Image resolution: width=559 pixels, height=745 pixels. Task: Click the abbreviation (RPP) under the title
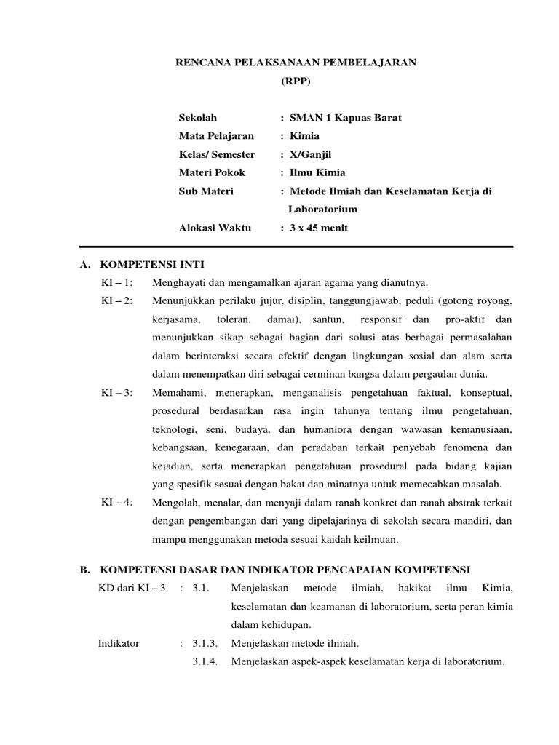point(296,82)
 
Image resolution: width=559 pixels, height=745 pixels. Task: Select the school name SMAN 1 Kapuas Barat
point(345,117)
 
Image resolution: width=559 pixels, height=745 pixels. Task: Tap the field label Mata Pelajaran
point(216,135)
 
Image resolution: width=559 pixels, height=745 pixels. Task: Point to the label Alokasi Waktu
point(214,228)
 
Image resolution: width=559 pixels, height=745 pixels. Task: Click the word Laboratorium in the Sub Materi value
point(322,210)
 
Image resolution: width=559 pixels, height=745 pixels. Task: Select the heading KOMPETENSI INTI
point(156,264)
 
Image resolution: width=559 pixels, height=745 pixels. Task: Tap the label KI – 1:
point(116,282)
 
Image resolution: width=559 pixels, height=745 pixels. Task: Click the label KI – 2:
point(116,300)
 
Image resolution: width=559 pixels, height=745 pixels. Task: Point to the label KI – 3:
point(116,392)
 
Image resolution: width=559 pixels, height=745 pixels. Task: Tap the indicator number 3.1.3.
point(205,643)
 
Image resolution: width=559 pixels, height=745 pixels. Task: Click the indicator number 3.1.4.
point(205,661)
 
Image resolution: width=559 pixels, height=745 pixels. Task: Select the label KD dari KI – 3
point(132,588)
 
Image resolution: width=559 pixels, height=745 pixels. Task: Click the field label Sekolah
point(198,117)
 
